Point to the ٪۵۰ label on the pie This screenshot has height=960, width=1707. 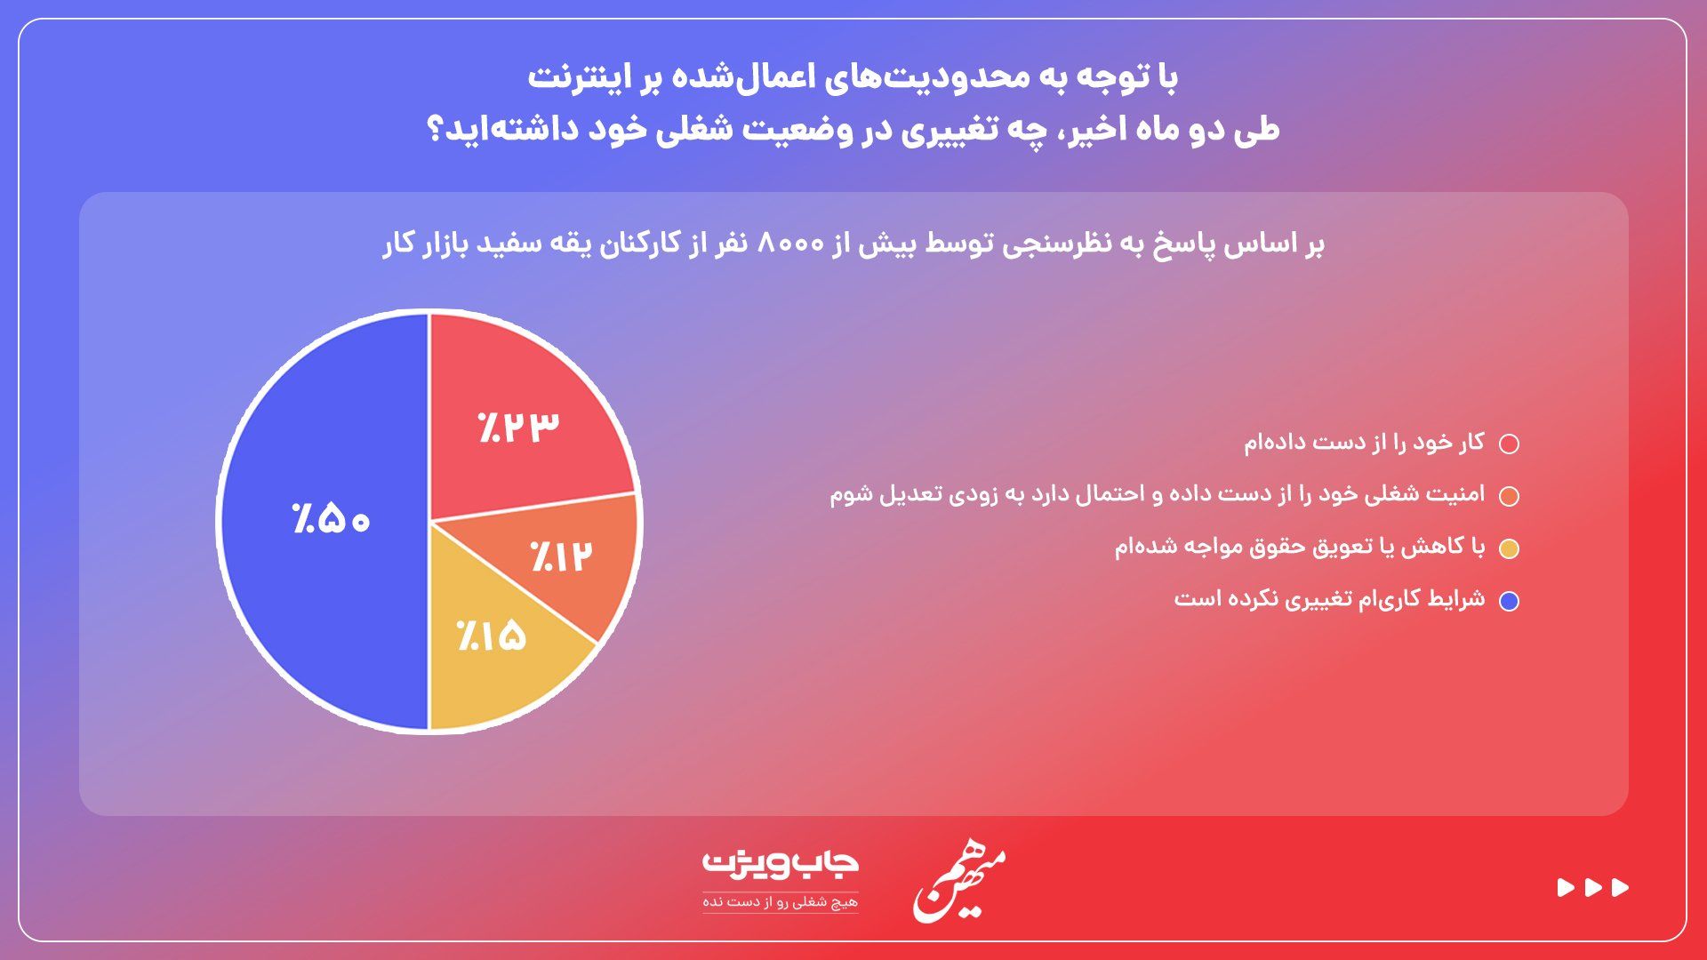click(331, 518)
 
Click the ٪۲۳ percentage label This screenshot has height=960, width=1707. click(518, 428)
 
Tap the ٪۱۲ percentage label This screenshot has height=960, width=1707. click(561, 556)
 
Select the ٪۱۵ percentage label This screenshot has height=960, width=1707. click(492, 635)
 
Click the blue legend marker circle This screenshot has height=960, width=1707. click(1509, 601)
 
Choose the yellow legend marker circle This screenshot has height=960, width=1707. click(1509, 548)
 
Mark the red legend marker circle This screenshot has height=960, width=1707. click(1509, 444)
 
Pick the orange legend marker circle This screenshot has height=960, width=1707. click(1509, 496)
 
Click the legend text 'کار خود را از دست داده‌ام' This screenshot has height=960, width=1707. click(1364, 442)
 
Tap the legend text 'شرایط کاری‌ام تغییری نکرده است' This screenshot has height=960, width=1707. click(1329, 598)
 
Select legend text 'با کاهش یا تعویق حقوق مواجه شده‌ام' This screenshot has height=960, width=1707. click(1300, 546)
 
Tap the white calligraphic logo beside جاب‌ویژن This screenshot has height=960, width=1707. click(958, 884)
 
